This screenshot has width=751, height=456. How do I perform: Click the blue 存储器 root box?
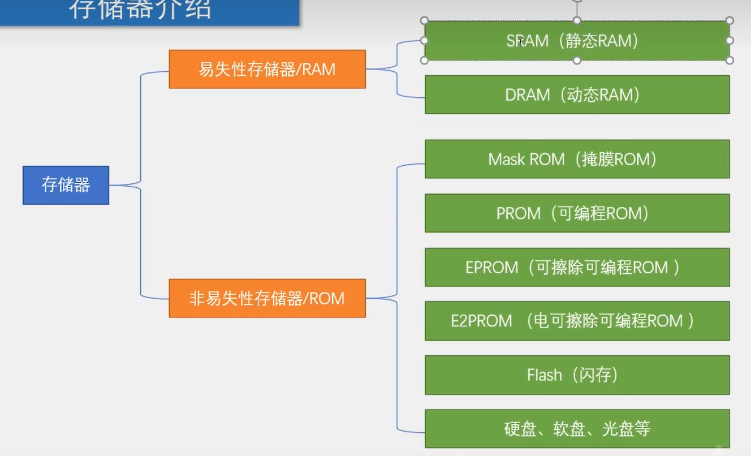(x=66, y=185)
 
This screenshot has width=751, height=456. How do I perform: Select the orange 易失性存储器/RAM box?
(x=267, y=69)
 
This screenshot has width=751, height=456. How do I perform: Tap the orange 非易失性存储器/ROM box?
(x=267, y=298)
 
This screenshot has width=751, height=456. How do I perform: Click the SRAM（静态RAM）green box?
(x=577, y=41)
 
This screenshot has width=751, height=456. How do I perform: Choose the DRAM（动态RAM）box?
(x=577, y=94)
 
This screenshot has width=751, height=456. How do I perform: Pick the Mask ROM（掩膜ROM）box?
(x=577, y=159)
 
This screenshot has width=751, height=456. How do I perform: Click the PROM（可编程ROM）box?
(x=577, y=213)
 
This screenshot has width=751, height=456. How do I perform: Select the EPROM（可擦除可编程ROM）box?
(x=577, y=267)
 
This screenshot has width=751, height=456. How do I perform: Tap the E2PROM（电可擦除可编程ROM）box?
(x=577, y=321)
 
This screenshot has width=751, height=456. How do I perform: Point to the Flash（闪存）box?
(x=577, y=375)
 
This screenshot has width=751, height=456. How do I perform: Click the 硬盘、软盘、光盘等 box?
(x=577, y=429)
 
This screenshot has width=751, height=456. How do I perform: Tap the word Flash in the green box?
(x=544, y=375)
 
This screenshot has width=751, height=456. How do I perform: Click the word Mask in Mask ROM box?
(x=506, y=159)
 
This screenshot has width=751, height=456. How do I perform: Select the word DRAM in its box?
(x=527, y=94)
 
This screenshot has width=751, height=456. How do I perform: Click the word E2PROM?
(x=481, y=321)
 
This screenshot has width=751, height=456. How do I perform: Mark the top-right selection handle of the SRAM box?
(x=730, y=21)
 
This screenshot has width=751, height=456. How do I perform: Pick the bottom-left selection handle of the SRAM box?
(x=425, y=61)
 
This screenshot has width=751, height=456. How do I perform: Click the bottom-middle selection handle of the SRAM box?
(x=577, y=61)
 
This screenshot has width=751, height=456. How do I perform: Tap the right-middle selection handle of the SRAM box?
(x=730, y=41)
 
